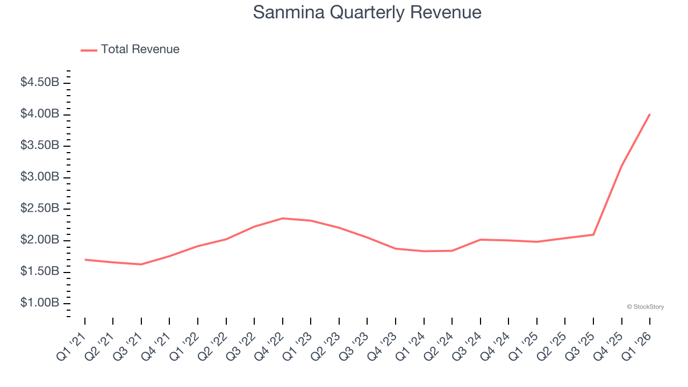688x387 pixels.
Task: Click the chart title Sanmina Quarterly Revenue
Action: tap(367, 12)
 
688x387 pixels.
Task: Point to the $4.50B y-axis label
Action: tap(40, 82)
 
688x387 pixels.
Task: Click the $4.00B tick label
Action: tap(40, 114)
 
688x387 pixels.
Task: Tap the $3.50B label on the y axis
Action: tap(40, 145)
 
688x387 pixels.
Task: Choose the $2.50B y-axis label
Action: tap(40, 209)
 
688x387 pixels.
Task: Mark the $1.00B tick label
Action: tap(40, 303)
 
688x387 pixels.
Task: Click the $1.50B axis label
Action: tap(40, 271)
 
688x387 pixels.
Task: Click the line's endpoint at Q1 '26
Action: tap(650, 114)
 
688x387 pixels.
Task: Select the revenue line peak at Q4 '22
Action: tap(283, 218)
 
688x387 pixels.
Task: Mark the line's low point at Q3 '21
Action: tap(141, 264)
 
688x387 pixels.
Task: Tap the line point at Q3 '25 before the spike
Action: tap(593, 234)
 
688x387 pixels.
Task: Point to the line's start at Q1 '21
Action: tap(85, 260)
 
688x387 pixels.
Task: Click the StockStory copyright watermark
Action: tap(645, 307)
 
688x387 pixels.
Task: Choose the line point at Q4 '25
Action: tap(622, 165)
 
